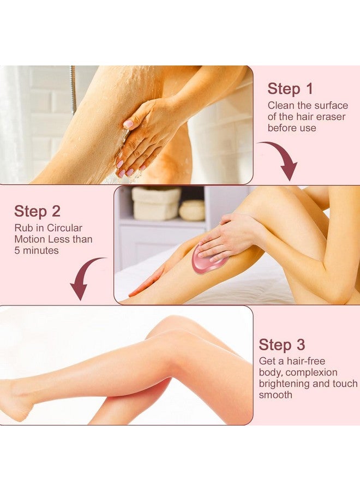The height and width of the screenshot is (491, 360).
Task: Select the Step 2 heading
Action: (37, 211)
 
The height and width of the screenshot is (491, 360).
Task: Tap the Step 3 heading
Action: (283, 345)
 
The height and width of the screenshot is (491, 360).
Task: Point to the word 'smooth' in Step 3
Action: (275, 394)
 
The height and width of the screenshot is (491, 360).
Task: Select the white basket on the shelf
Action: (156, 203)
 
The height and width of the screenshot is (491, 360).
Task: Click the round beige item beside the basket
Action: (192, 210)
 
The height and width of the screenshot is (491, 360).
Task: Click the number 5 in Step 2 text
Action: (17, 250)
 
